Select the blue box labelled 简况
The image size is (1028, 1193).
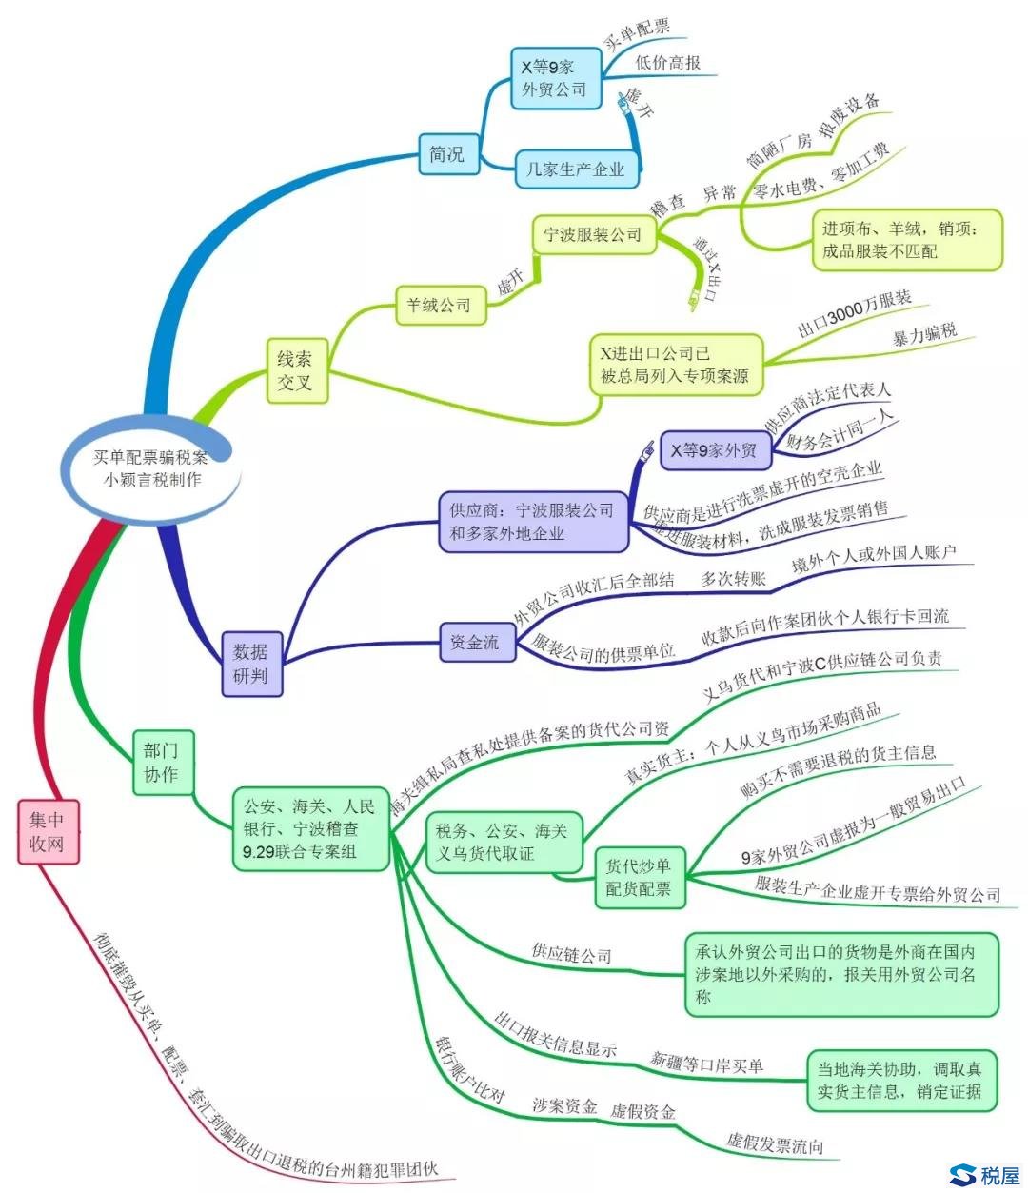click(446, 153)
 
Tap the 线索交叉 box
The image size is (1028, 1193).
click(294, 371)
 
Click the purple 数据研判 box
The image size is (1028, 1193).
click(251, 664)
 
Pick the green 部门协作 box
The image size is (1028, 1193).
click(161, 762)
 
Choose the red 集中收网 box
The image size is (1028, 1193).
click(48, 831)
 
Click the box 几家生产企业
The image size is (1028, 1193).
click(576, 169)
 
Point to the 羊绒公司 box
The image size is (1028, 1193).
click(438, 306)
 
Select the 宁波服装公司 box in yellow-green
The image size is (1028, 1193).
click(593, 234)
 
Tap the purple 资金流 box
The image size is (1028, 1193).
click(474, 643)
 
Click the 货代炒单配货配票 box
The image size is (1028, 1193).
click(638, 877)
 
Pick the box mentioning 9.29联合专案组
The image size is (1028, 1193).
click(310, 828)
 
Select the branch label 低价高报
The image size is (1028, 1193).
click(667, 63)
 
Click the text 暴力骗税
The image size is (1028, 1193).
click(924, 335)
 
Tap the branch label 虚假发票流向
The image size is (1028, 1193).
click(775, 1143)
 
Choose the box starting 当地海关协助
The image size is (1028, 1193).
click(899, 1080)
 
